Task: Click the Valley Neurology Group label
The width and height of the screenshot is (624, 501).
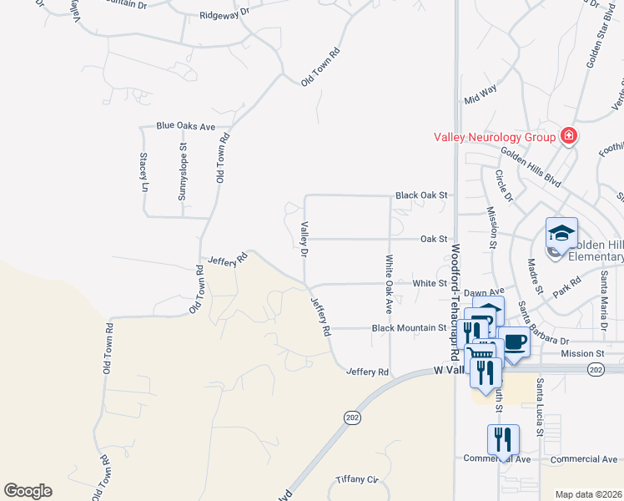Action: click(496, 137)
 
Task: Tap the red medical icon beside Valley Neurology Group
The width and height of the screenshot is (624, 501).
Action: click(569, 135)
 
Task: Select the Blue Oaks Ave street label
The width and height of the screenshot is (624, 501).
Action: click(186, 126)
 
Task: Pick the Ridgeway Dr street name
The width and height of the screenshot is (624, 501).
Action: click(224, 14)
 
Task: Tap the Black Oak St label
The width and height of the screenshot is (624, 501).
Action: click(421, 195)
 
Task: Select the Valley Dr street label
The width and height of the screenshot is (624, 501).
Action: click(305, 239)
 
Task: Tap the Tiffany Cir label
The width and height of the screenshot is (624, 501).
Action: click(357, 478)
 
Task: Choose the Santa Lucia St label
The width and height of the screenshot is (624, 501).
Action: click(541, 407)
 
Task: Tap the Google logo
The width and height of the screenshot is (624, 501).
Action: click(28, 491)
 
